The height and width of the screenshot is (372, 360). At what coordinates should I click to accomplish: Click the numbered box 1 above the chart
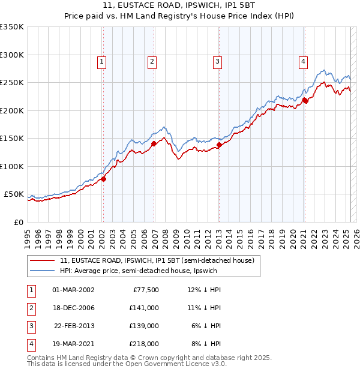[x=102, y=61]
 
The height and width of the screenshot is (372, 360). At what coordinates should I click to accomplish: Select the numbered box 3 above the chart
[x=217, y=61]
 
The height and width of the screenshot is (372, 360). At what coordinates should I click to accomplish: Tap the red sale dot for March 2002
[x=103, y=179]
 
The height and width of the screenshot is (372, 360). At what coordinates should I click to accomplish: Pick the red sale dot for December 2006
[x=154, y=143]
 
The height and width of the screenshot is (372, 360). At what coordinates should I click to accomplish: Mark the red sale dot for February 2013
[x=219, y=145]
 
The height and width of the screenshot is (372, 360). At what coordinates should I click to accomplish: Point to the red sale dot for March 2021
[x=305, y=100]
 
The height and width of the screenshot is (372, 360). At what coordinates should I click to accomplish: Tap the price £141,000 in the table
[x=145, y=308]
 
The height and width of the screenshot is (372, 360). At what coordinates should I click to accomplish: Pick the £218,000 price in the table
[x=145, y=344]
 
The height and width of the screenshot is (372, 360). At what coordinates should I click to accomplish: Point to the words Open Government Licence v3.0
[x=178, y=364]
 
